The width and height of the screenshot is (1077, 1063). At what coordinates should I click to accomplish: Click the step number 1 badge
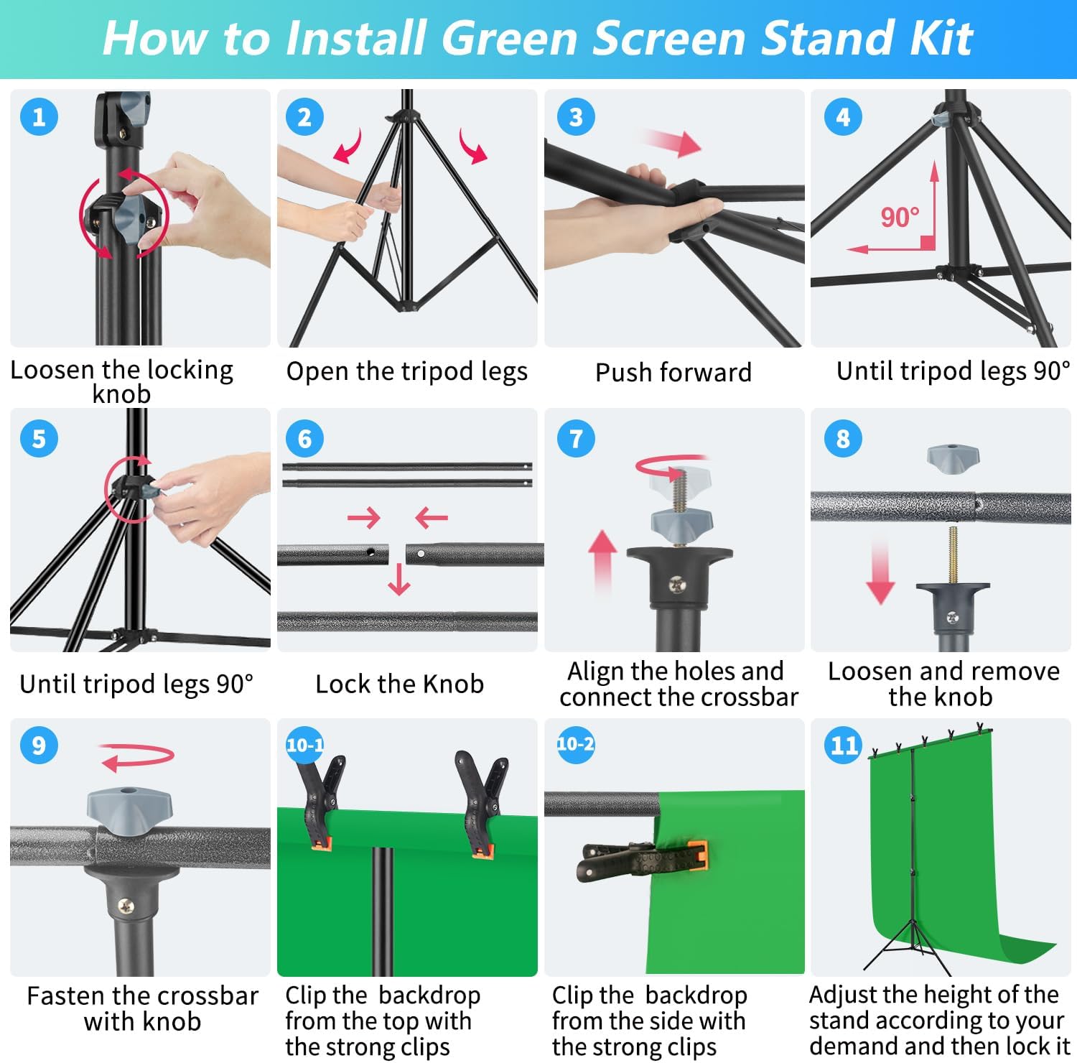click(x=39, y=117)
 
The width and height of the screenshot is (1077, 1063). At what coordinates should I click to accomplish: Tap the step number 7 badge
click(x=576, y=438)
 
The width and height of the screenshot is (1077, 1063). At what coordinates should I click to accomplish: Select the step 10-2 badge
click(x=575, y=744)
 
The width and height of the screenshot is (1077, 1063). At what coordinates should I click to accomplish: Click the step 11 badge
click(x=843, y=745)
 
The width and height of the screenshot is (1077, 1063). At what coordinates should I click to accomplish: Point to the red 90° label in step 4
click(x=900, y=217)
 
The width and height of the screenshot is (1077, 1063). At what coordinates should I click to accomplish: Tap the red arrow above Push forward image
click(x=671, y=142)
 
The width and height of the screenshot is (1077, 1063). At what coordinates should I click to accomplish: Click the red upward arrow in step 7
click(x=602, y=561)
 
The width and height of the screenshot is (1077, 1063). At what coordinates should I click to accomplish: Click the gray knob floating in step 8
click(x=953, y=458)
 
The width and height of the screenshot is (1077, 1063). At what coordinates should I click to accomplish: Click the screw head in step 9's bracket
click(x=126, y=906)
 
